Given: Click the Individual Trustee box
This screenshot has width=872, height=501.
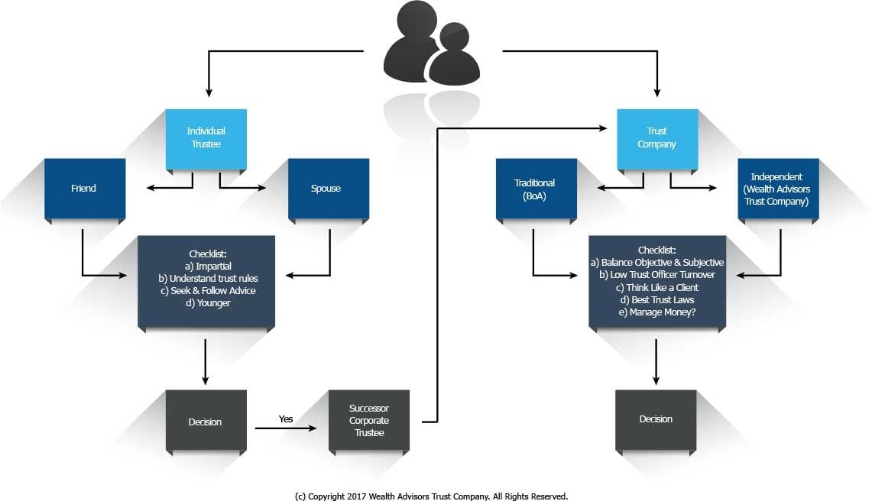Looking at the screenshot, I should tap(206, 138).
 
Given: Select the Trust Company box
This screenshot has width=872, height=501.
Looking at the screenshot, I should tap(656, 138).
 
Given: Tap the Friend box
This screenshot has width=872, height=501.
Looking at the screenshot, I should tap(84, 188).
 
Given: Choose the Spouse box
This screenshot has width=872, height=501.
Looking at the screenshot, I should tap(328, 188).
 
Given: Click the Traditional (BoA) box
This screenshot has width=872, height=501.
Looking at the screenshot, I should tap(535, 188).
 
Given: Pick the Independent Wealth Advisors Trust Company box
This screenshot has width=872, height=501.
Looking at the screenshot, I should tap(778, 188).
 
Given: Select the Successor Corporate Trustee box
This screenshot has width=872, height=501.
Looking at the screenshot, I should tap(368, 420).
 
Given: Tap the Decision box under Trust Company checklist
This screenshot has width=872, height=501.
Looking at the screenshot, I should tap(656, 419).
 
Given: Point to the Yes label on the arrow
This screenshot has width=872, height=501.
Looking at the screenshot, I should tap(285, 419).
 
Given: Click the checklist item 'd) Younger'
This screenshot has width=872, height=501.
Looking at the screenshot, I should tap(206, 302).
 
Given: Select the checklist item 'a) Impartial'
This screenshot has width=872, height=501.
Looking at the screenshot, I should tap(206, 266).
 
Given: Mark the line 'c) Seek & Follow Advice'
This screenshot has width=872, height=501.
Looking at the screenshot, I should tap(206, 290).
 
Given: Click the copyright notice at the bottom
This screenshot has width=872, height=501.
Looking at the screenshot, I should tap(431, 496).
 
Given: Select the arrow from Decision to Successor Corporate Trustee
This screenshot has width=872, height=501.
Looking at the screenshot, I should tap(285, 429).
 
